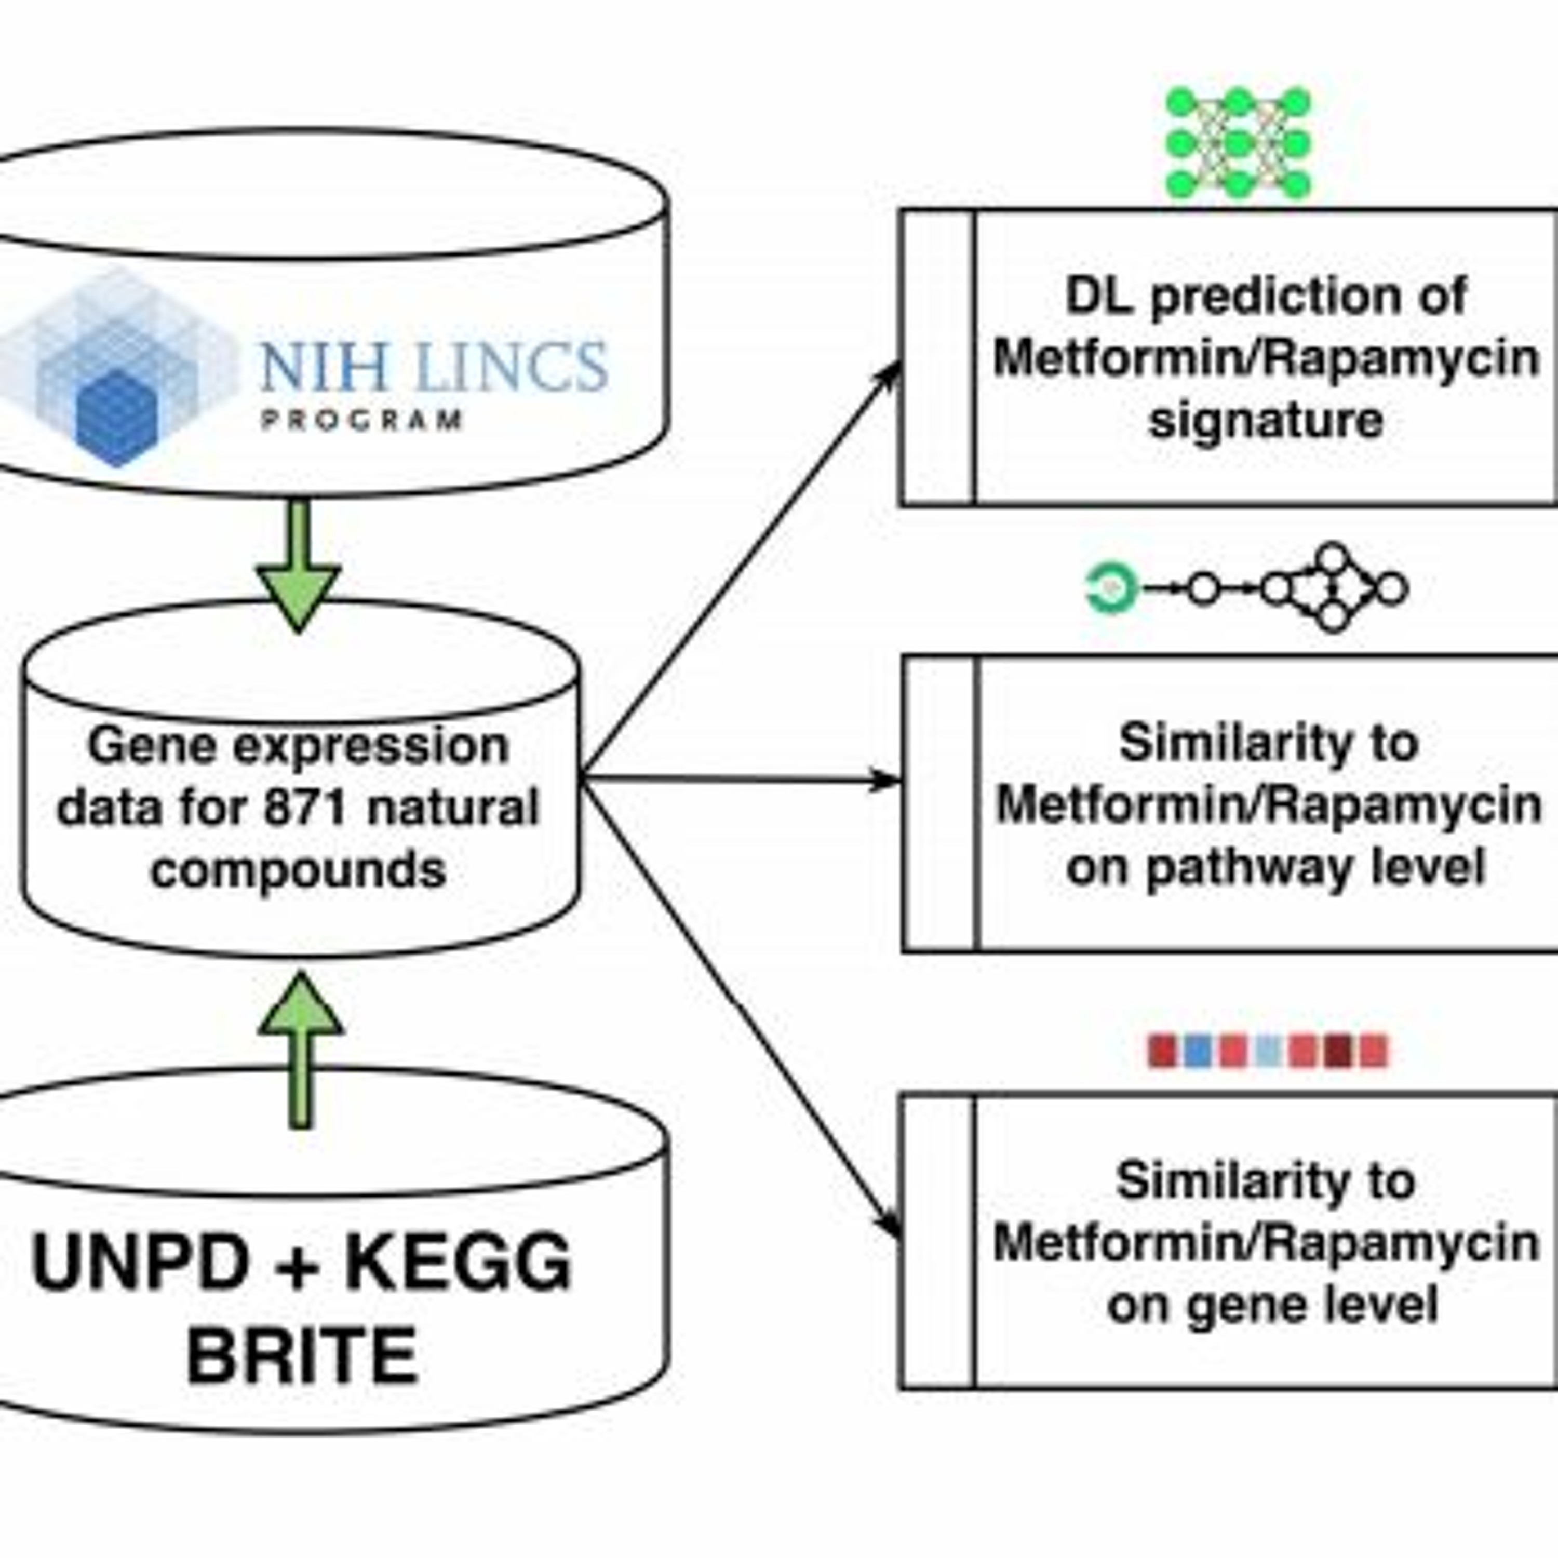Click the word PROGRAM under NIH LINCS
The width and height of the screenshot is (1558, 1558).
pos(362,420)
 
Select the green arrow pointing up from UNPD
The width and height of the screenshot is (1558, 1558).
pos(301,1049)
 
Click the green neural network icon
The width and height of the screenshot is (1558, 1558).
pos(1239,143)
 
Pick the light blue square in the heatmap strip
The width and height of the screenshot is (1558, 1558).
pos(1269,1051)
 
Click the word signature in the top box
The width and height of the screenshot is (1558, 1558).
pos(1266,420)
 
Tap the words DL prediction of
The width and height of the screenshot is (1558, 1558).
pos(1266,296)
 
